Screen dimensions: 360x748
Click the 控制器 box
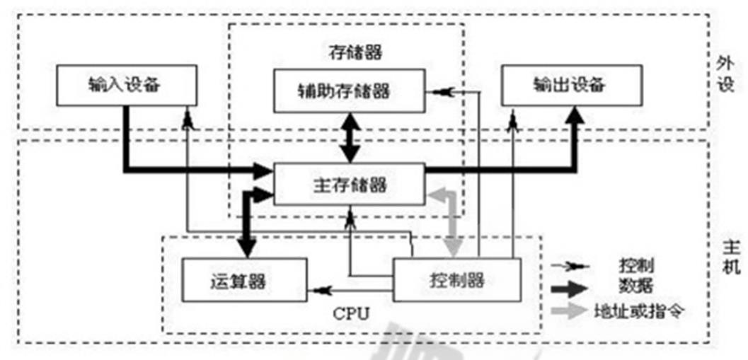[x=456, y=279]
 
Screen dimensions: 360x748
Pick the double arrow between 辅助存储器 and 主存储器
[x=350, y=139]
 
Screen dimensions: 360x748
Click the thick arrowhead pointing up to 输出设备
[x=575, y=115]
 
